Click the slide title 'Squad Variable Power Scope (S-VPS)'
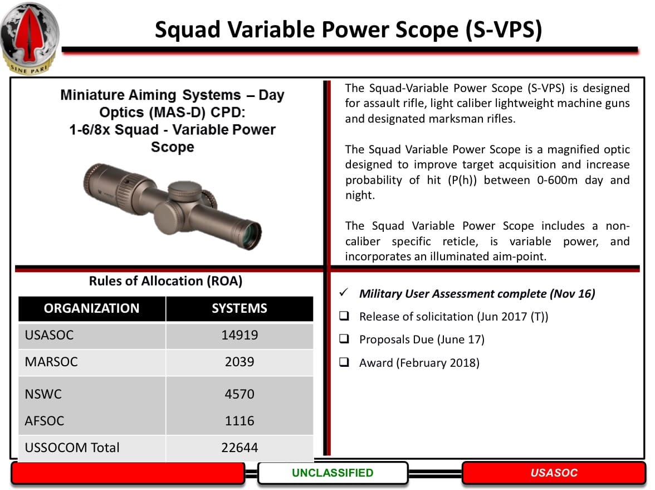pyautogui.click(x=349, y=30)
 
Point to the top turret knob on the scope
pyautogui.click(x=185, y=192)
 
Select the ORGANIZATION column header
pyautogui.click(x=91, y=309)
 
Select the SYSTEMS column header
pyautogui.click(x=239, y=309)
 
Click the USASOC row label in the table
pyautogui.click(x=49, y=335)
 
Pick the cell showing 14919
pyautogui.click(x=239, y=335)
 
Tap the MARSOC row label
pyautogui.click(x=51, y=362)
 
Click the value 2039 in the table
pyautogui.click(x=239, y=362)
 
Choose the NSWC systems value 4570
pyautogui.click(x=239, y=394)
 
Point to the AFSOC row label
pyautogui.click(x=45, y=420)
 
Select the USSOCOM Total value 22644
pyautogui.click(x=239, y=447)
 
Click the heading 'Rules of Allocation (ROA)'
pyautogui.click(x=166, y=281)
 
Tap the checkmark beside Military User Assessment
pyautogui.click(x=344, y=292)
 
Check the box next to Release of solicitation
pyautogui.click(x=344, y=316)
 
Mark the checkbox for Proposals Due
pyautogui.click(x=344, y=339)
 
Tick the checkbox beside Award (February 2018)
pyautogui.click(x=344, y=362)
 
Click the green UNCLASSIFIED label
pyautogui.click(x=333, y=473)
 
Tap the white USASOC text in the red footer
pyautogui.click(x=554, y=473)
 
